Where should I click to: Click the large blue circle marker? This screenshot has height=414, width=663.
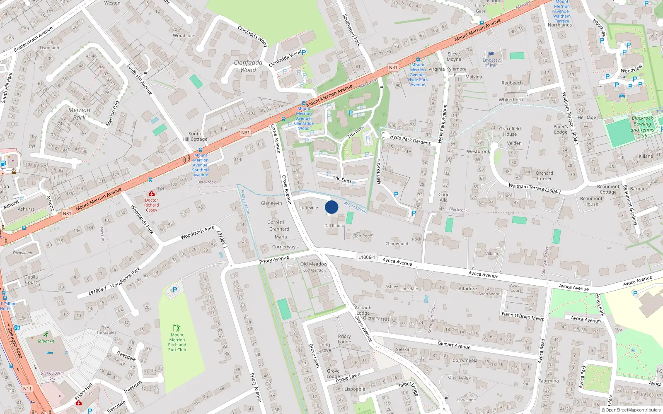331,207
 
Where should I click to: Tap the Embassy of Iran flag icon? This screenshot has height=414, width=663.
491,54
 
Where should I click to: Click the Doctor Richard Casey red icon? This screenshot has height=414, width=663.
152,194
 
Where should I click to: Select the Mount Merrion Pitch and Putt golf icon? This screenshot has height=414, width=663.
177,327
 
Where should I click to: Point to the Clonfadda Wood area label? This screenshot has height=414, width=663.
248,66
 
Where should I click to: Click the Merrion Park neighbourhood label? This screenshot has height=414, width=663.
79,113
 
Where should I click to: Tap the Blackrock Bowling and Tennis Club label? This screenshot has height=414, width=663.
642,127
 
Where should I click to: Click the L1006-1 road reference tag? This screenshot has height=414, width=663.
366,257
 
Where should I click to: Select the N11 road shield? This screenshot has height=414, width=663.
27,389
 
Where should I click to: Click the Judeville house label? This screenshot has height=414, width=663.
309,208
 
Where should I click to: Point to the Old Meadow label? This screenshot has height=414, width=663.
314,264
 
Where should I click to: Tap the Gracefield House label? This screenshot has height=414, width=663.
510,131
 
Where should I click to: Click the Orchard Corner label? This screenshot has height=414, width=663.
544,176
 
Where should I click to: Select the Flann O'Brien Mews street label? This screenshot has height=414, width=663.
523,316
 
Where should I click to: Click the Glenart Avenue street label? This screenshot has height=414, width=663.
454,345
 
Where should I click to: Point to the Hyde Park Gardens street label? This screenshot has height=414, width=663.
410,140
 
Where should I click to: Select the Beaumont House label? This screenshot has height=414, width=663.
591,201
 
